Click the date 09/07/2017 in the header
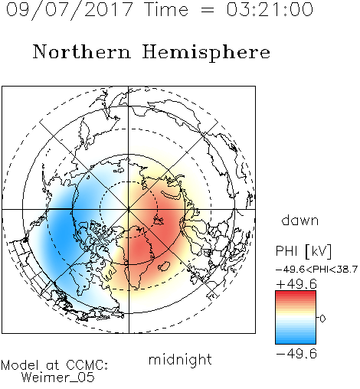[70, 9]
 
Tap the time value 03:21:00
[270, 9]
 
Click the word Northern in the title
[82, 52]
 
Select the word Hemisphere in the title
[206, 52]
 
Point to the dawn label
[300, 220]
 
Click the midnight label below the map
[180, 359]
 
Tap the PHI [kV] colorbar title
[304, 251]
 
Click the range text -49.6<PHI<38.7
[316, 270]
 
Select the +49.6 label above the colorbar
[296, 284]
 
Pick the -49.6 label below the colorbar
[296, 354]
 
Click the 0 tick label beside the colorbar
[322, 319]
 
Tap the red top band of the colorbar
[296, 293]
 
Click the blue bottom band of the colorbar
[296, 341]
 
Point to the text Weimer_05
[58, 378]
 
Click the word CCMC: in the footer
[87, 365]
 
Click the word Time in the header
[166, 9]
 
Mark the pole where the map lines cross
[129, 209]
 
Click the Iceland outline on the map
[164, 266]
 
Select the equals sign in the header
[208, 10]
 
